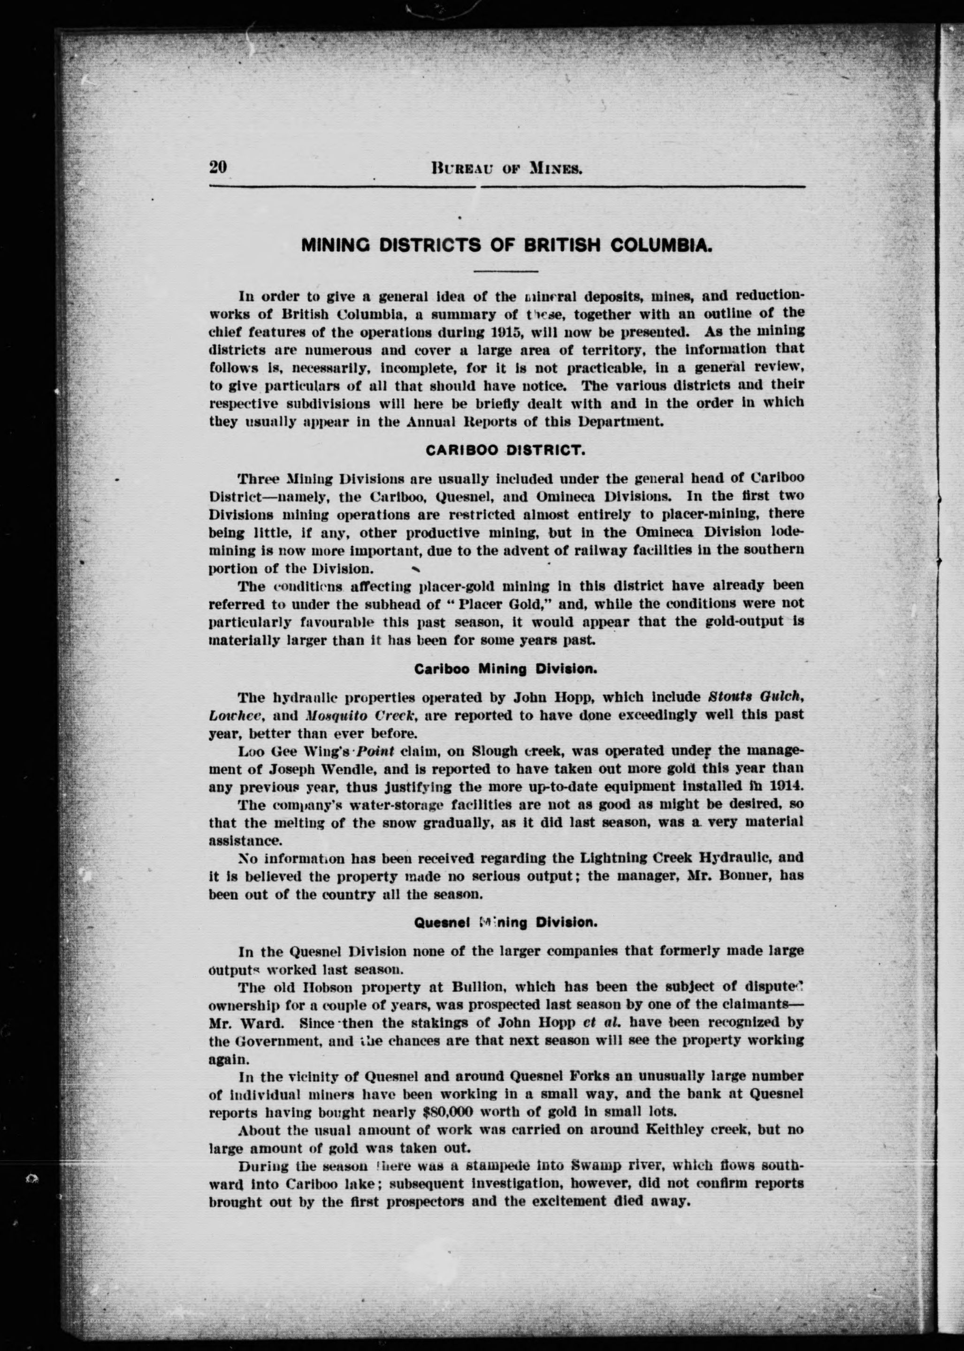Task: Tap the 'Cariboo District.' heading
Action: point(506,450)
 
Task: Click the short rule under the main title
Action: point(506,271)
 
